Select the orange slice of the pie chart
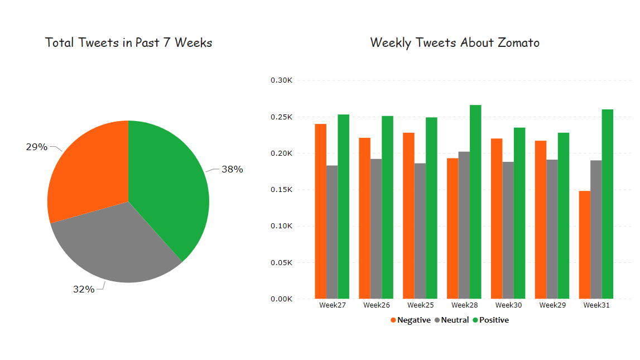89,173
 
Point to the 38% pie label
232,169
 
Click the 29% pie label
36,147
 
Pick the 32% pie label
84,289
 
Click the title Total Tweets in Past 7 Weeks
128,42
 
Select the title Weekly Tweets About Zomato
455,42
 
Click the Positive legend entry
490,320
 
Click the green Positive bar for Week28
475,201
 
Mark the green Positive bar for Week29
563,215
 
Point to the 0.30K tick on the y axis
281,80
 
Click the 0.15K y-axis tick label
281,190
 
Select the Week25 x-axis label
420,305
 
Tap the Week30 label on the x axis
508,305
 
